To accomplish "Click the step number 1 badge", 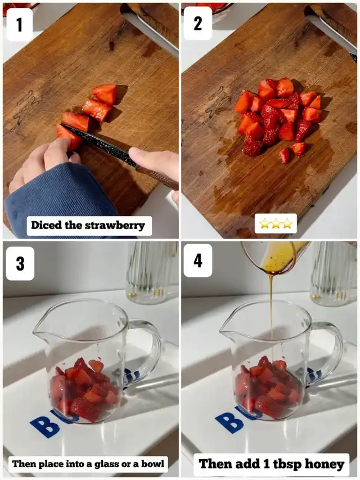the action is tap(19, 24).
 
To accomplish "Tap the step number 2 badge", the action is tap(198, 23).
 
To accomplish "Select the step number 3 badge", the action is tap(20, 263).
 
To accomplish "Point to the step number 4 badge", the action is tap(198, 261).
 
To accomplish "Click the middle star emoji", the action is tap(276, 223).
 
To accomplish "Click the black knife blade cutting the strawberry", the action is tap(98, 144).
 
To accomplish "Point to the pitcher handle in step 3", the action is tap(147, 352).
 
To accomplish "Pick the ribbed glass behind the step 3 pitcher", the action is tap(152, 272).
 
